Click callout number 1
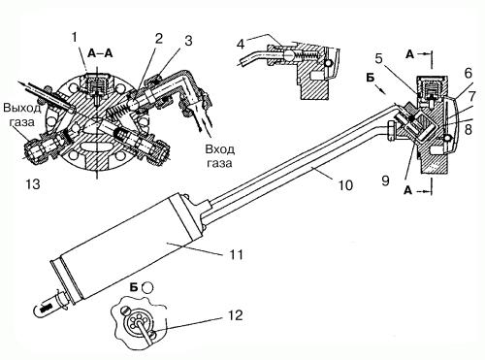(75, 38)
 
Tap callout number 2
(158, 39)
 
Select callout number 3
(188, 41)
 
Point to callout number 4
(241, 44)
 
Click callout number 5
(378, 59)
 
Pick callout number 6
(469, 74)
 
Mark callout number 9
(385, 180)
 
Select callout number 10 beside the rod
(345, 185)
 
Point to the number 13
(33, 183)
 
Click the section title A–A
(101, 53)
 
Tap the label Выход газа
(22, 115)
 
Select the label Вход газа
(220, 155)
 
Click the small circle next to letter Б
(147, 287)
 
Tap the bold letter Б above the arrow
(372, 78)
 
